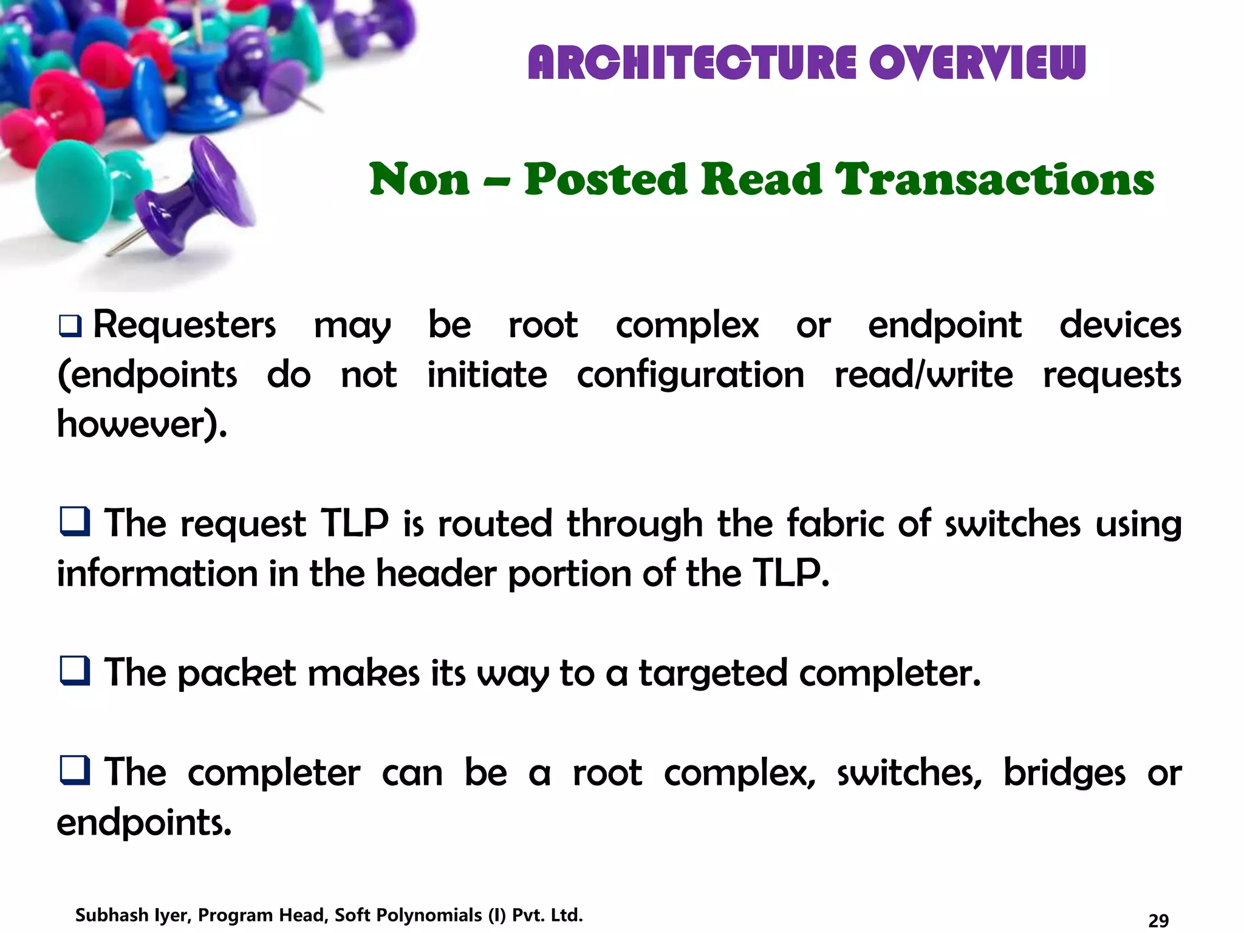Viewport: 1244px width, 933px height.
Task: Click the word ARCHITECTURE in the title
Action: (x=692, y=63)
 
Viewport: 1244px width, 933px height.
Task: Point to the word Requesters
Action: (x=184, y=325)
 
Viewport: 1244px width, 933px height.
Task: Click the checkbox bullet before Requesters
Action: (x=70, y=326)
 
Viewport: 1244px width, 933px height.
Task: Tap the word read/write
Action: (x=923, y=375)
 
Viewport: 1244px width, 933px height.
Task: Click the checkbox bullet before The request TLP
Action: (x=75, y=522)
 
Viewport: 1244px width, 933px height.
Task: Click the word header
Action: (x=436, y=573)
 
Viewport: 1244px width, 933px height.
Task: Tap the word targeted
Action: (x=713, y=674)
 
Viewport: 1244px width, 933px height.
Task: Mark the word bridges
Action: (x=1064, y=773)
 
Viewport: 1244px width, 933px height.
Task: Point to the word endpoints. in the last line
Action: (x=144, y=822)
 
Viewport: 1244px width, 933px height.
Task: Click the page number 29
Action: (x=1158, y=920)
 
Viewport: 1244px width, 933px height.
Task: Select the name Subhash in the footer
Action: (x=111, y=915)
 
